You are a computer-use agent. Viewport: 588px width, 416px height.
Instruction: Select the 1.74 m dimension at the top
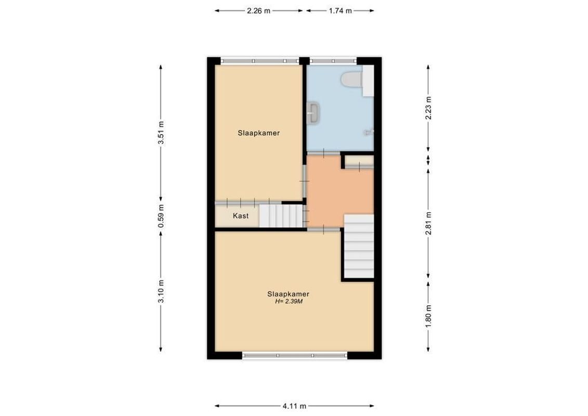click(340, 10)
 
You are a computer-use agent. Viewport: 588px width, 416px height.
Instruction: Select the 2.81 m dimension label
click(428, 224)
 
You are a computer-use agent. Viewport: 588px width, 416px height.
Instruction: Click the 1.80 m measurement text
click(428, 316)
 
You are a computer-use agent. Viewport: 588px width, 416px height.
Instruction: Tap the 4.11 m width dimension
click(294, 406)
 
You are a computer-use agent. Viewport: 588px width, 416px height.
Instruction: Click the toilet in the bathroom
click(352, 80)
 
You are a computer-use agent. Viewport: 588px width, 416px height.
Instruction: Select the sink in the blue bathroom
click(313, 113)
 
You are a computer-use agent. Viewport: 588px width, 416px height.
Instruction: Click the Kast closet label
click(240, 216)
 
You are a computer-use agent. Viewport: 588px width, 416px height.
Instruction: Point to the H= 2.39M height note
click(289, 301)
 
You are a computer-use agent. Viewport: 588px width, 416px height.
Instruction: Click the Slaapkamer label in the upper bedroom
click(259, 133)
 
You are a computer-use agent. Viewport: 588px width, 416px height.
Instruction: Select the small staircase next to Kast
click(281, 216)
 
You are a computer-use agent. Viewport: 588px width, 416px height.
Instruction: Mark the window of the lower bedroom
click(294, 356)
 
